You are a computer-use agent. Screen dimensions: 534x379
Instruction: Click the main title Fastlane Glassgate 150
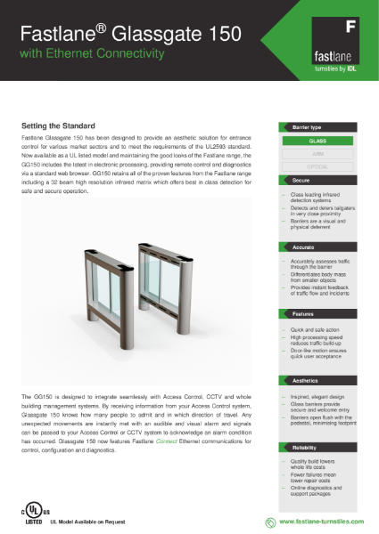130,35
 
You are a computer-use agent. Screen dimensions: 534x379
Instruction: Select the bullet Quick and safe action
314,330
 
